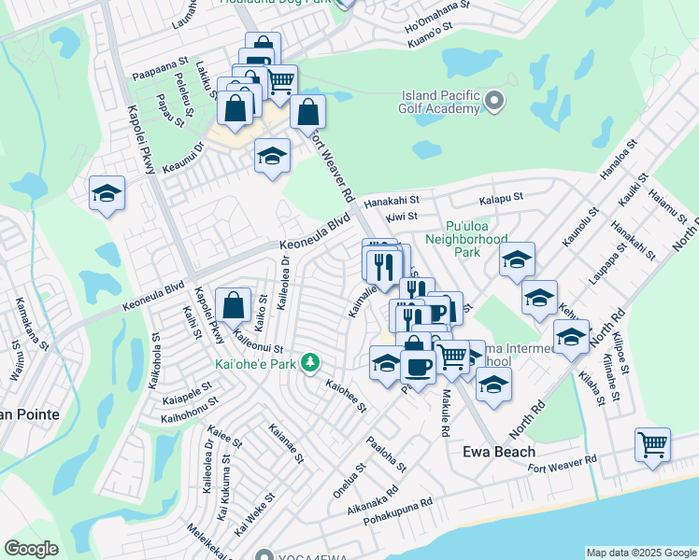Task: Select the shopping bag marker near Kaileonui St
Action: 233,304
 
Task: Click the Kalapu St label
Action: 500,199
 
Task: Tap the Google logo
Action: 32,549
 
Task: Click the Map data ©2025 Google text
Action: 640,553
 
